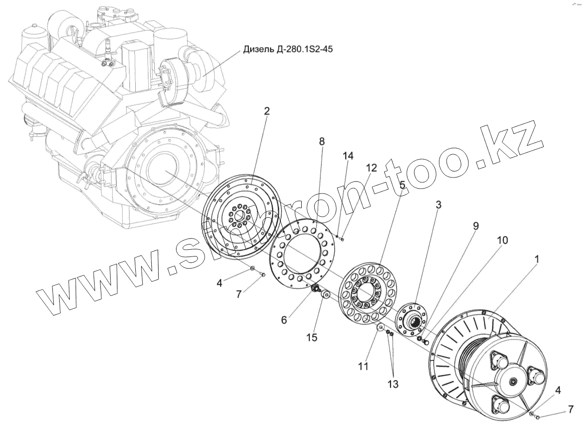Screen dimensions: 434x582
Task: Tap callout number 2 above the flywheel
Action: pyautogui.click(x=267, y=111)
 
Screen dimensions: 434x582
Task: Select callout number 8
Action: pyautogui.click(x=322, y=141)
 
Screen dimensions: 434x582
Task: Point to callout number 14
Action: pyautogui.click(x=348, y=156)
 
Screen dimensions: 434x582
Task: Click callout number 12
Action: pyautogui.click(x=371, y=168)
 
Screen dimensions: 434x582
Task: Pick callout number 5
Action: pyautogui.click(x=402, y=184)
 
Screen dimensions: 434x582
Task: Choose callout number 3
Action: pyautogui.click(x=438, y=205)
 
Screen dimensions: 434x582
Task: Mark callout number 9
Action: pyautogui.click(x=476, y=225)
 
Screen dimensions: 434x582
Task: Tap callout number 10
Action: pyautogui.click(x=502, y=240)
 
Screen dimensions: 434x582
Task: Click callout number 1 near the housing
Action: pyautogui.click(x=536, y=260)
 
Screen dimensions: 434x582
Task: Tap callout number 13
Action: pyautogui.click(x=392, y=384)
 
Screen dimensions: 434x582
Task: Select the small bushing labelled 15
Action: pyautogui.click(x=325, y=294)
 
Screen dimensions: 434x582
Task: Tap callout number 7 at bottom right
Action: pyautogui.click(x=569, y=411)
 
